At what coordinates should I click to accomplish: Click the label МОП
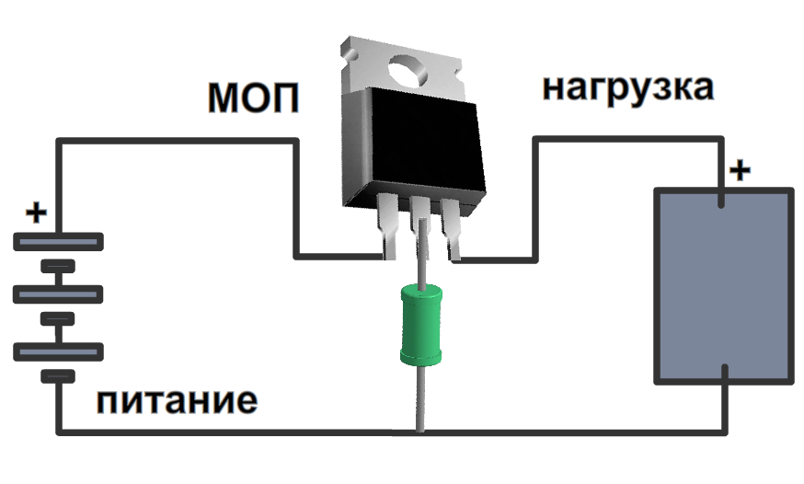[x=253, y=98]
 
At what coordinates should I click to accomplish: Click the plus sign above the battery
[x=35, y=214]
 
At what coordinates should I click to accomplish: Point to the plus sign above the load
[x=740, y=171]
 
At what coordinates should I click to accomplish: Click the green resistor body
[x=419, y=324]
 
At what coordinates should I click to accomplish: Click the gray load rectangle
[x=723, y=285]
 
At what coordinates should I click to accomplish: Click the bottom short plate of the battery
[x=57, y=375]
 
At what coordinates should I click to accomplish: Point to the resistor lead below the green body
[x=420, y=396]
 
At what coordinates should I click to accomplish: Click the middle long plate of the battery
[x=57, y=294]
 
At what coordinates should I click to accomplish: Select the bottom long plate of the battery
[x=57, y=350]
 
